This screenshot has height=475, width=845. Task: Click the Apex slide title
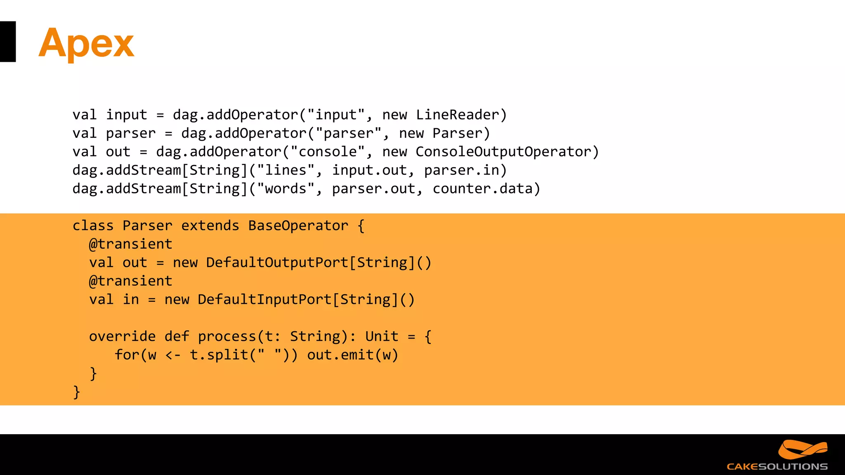[86, 43]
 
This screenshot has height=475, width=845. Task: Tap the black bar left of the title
[7, 42]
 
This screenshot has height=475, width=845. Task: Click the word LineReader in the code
[457, 115]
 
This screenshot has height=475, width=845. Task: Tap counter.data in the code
[482, 189]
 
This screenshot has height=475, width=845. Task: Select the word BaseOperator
[298, 226]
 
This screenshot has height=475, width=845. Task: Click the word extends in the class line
[210, 226]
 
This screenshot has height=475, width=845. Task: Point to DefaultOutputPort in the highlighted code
[277, 263]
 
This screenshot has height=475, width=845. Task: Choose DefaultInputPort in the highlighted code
[264, 300]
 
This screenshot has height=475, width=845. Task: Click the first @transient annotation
[130, 244]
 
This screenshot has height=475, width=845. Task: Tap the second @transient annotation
[130, 281]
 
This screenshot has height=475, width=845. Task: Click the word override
[122, 336]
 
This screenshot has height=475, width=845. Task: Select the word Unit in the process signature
[382, 336]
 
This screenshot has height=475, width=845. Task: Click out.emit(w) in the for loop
[352, 355]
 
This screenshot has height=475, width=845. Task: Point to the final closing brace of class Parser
[76, 392]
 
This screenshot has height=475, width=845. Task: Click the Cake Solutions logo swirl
[802, 449]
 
